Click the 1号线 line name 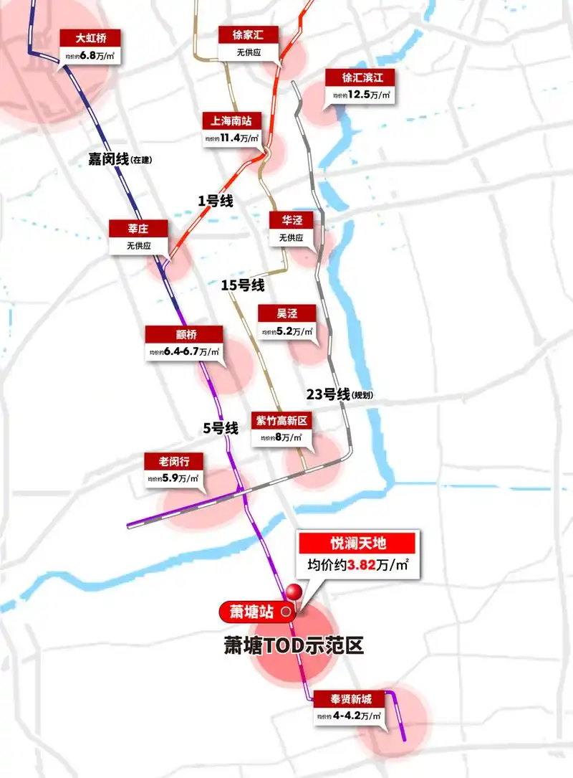(216, 201)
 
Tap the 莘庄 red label (138, 229)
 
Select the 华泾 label (292, 221)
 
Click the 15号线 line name (242, 285)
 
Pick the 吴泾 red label (286, 313)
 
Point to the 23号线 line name (327, 394)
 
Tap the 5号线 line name (220, 428)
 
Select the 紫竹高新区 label (279, 420)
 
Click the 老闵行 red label (173, 460)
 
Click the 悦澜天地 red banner (356, 542)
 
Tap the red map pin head (293, 592)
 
